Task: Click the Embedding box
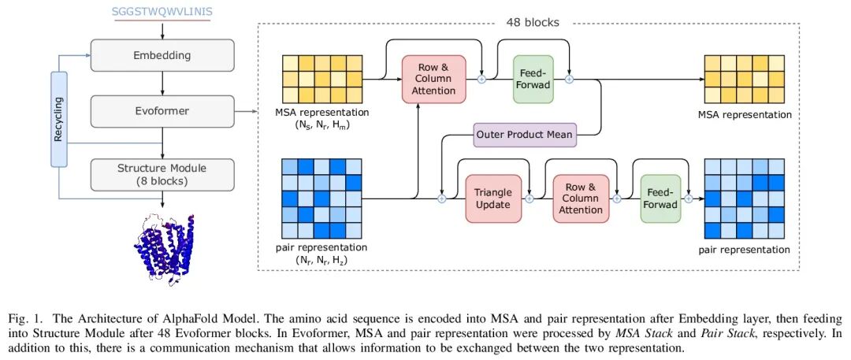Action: pyautogui.click(x=163, y=55)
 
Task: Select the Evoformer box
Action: pyautogui.click(x=163, y=111)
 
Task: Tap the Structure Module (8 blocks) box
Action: pyautogui.click(x=163, y=174)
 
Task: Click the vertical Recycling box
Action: pyautogui.click(x=59, y=119)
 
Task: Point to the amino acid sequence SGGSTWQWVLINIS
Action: pyautogui.click(x=162, y=11)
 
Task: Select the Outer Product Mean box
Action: pyautogui.click(x=525, y=134)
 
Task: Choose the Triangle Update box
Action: pyautogui.click(x=493, y=199)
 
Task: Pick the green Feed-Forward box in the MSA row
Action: pyautogui.click(x=533, y=79)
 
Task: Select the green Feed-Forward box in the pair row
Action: pyautogui.click(x=660, y=199)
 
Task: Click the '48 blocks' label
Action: pyautogui.click(x=533, y=22)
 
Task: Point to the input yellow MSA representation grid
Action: pyautogui.click(x=322, y=80)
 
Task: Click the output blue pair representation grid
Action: pyautogui.click(x=744, y=199)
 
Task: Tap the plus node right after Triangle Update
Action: pyautogui.click(x=530, y=199)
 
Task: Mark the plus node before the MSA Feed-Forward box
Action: pyautogui.click(x=481, y=80)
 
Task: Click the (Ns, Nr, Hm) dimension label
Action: pyautogui.click(x=322, y=126)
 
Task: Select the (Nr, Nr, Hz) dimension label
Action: pyautogui.click(x=321, y=262)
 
